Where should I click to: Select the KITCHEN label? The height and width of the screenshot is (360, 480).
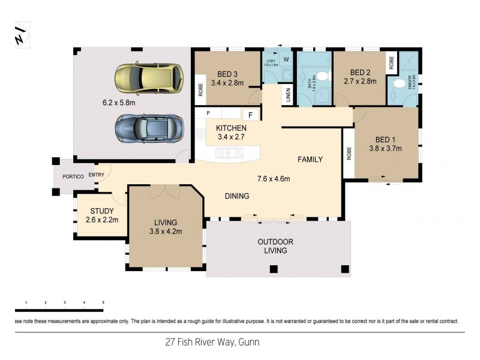[x=231, y=128]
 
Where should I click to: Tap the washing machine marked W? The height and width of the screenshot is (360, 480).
[x=286, y=59]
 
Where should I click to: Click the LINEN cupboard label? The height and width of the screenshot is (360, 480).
[x=289, y=96]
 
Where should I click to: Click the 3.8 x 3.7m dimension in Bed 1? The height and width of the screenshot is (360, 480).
[x=385, y=148]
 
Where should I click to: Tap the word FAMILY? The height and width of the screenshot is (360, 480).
[x=311, y=160]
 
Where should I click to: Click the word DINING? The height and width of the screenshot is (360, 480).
[x=237, y=196]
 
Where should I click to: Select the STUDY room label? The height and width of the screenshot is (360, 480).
[x=101, y=211]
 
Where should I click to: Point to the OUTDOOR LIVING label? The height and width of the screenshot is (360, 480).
[x=275, y=246]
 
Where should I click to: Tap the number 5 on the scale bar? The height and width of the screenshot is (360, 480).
[x=103, y=302]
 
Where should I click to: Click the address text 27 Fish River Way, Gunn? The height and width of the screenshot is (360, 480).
[x=212, y=343]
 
